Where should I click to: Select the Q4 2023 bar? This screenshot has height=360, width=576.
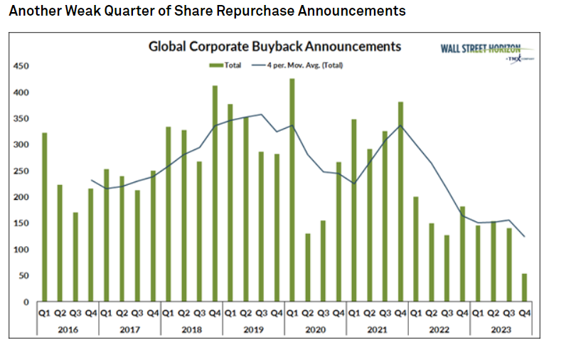[525, 288]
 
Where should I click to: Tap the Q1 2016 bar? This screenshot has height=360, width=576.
[44, 218]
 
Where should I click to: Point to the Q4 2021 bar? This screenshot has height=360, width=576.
[401, 202]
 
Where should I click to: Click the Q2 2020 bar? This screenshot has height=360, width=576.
[307, 268]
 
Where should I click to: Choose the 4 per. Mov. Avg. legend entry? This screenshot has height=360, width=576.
[299, 65]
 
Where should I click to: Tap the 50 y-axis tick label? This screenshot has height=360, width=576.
[23, 276]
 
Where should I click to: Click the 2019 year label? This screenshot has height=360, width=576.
[254, 329]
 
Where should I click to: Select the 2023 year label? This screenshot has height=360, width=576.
[501, 329]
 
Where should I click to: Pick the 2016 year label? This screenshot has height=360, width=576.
[68, 329]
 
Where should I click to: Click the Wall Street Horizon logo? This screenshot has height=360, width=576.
[482, 51]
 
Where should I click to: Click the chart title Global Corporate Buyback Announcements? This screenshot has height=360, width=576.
[274, 46]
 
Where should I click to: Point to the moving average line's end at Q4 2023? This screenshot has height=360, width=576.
[525, 237]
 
